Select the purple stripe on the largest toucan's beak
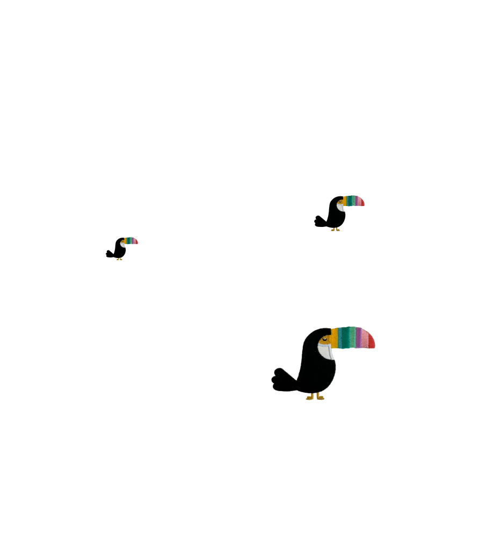coord(358,337)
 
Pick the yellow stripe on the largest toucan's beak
coord(334,337)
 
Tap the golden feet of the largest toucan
coord(315,397)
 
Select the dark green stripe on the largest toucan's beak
coord(343,337)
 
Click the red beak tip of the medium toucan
coord(362,203)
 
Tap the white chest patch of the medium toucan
coord(340,207)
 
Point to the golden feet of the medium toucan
coord(336,229)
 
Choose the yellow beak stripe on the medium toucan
coord(345,201)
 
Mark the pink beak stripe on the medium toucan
coord(359,201)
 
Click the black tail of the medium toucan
coord(320,219)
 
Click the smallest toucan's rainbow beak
coord(131,241)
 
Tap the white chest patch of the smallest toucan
coord(123,245)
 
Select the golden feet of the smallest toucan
coord(119,259)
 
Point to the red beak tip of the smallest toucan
coord(136,242)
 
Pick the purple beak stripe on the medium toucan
coord(355,201)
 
